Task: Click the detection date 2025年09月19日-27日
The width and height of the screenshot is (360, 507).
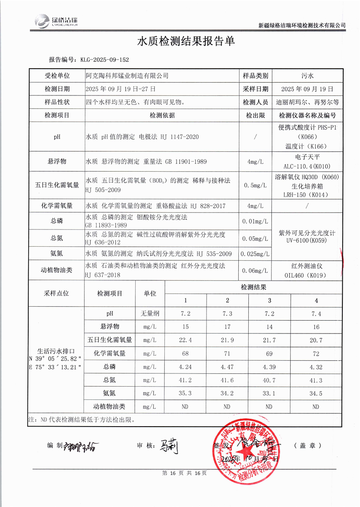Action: point(121,89)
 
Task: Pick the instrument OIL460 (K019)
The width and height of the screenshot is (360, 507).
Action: point(307,274)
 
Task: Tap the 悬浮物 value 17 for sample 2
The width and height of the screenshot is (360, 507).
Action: point(227,327)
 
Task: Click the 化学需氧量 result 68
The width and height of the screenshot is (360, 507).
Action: point(185,353)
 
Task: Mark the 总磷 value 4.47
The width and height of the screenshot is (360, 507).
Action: point(227,367)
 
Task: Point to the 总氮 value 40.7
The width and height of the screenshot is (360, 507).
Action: point(270,380)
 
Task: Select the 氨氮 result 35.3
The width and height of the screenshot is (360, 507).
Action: point(185,393)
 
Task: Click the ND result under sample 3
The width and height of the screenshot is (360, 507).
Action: point(270,407)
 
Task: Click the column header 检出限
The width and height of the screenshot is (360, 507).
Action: point(255,115)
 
